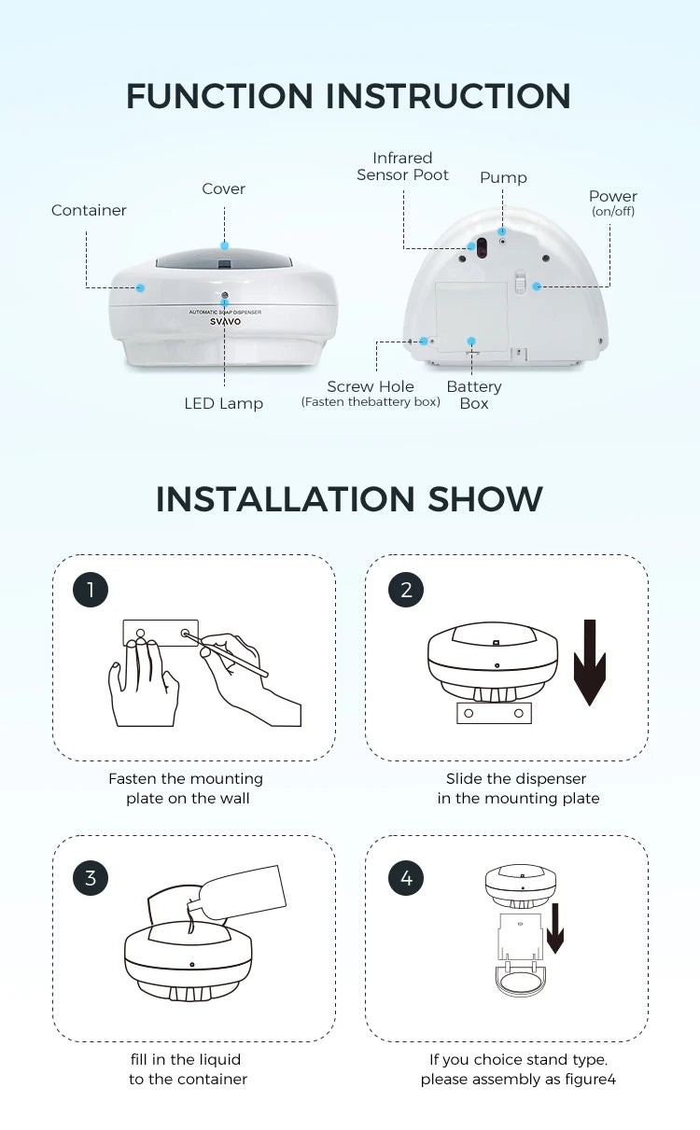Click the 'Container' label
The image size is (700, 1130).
click(x=89, y=210)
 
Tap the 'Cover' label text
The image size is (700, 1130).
click(x=224, y=188)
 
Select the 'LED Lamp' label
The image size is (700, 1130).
click(x=224, y=403)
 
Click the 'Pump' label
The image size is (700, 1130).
click(x=503, y=177)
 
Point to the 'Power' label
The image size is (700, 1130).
click(x=612, y=196)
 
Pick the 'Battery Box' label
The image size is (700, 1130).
click(x=474, y=395)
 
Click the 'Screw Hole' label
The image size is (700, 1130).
click(x=371, y=386)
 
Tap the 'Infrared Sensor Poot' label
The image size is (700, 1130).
click(x=402, y=166)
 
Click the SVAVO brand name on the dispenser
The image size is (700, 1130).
click(x=225, y=322)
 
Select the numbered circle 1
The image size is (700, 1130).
click(x=91, y=589)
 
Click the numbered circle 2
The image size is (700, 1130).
click(x=406, y=589)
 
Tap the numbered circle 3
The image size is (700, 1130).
click(x=91, y=878)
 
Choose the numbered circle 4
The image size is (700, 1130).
click(x=406, y=878)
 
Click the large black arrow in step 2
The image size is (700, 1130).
click(x=590, y=663)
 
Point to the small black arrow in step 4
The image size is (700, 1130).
click(x=555, y=928)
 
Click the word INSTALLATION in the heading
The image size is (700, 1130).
click(x=286, y=499)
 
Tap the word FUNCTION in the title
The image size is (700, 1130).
click(x=219, y=96)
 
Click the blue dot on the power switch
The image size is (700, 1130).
click(x=537, y=286)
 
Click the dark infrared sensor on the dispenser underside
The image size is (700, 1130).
click(x=482, y=246)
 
